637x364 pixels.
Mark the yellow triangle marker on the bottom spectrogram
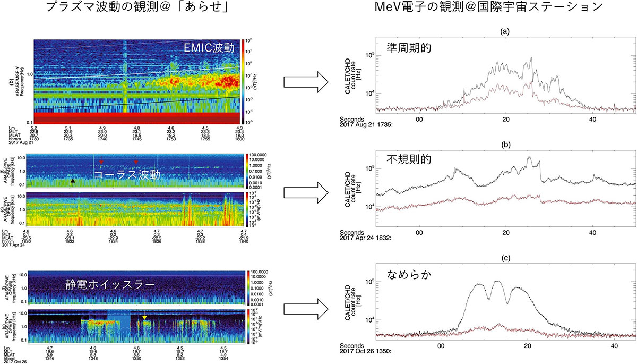[x=144, y=318]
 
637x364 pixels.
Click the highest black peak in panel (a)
[x=531, y=58]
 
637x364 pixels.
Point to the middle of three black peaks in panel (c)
[x=497, y=281]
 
